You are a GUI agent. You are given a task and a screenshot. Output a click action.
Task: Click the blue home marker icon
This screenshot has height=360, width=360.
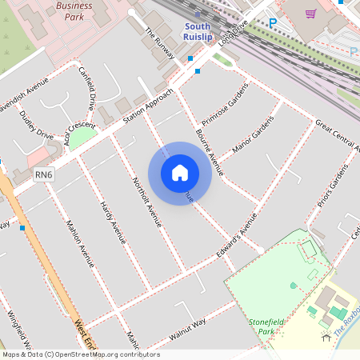click(180, 173)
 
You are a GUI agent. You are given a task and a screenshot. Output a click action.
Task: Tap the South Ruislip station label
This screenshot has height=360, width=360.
click(197, 30)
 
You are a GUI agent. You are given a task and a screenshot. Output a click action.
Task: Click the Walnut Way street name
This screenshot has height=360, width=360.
click(187, 328)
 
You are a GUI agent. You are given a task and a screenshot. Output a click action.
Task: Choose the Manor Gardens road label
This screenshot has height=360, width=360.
click(252, 134)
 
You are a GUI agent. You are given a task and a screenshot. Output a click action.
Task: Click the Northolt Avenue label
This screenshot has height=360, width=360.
click(146, 201)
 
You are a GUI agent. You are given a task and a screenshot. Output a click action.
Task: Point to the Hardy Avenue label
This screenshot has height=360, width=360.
click(113, 223)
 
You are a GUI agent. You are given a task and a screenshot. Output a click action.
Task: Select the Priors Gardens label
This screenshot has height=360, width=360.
click(334, 190)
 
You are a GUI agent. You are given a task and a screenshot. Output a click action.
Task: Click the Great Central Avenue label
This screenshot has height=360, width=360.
click(336, 134)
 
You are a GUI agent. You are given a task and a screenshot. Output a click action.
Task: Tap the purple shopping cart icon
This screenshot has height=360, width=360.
click(310, 13)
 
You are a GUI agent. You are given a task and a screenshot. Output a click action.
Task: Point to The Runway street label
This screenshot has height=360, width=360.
click(159, 45)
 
